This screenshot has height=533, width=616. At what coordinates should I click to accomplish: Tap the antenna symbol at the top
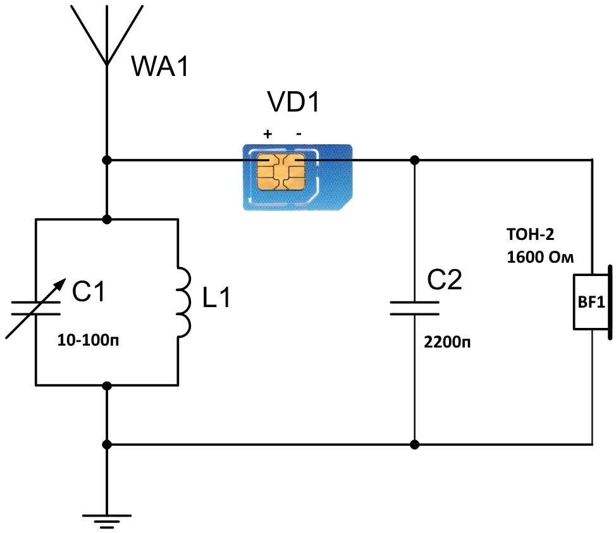(107, 32)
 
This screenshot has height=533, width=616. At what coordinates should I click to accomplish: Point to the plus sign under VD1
(267, 134)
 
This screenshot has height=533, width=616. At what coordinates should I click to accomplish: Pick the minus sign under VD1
(299, 134)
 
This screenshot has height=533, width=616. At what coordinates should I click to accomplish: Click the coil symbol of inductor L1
(184, 302)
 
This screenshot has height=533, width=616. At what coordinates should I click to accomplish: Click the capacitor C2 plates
(415, 308)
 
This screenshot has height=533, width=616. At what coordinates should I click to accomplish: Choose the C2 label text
(445, 279)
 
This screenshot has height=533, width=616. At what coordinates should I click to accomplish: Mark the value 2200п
(447, 344)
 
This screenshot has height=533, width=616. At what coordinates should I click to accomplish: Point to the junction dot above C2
(415, 160)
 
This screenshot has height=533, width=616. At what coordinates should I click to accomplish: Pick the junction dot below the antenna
(108, 160)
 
